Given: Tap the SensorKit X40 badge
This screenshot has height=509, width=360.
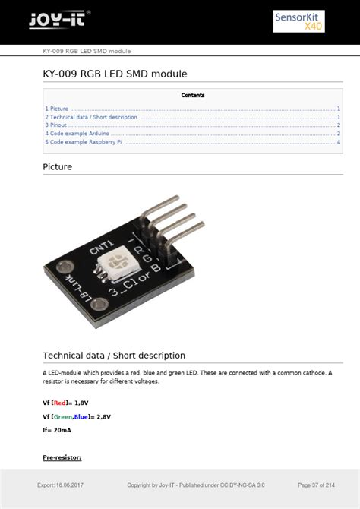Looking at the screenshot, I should point(298,21).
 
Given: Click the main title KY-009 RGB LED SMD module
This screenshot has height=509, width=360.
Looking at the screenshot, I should point(115,74).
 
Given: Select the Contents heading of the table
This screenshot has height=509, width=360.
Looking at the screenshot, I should point(193,96).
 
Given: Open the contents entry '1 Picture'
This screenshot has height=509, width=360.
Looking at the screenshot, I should point(57,109).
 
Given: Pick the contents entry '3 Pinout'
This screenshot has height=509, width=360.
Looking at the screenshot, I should point(56,125).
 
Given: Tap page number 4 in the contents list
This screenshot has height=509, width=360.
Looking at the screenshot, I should point(338,142).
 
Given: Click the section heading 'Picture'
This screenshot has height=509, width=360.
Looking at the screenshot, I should point(58,166).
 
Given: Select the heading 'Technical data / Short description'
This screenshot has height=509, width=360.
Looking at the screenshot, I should point(114,355).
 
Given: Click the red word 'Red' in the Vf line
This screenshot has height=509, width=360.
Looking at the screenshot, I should point(60,403).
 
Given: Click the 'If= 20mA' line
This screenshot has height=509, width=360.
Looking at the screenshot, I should point(58,430).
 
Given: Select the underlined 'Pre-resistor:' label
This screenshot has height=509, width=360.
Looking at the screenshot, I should point(62,457).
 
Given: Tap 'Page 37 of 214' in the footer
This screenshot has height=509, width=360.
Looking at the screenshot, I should point(316,485).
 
